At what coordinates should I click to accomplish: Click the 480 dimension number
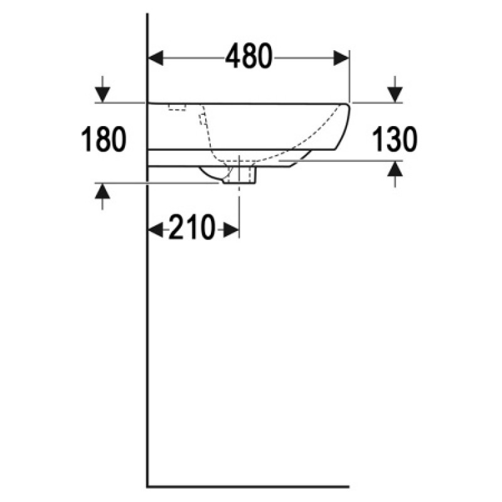[248, 56]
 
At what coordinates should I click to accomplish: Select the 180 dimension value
[104, 139]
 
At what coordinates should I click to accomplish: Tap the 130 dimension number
[395, 139]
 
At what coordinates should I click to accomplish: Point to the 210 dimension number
[191, 227]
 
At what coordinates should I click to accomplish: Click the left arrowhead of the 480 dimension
[156, 58]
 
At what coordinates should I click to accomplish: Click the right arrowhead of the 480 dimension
[341, 58]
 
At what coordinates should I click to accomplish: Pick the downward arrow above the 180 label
[102, 89]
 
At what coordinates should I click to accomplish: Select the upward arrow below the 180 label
[102, 196]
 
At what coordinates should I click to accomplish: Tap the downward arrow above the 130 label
[395, 89]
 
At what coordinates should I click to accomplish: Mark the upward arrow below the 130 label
[395, 174]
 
